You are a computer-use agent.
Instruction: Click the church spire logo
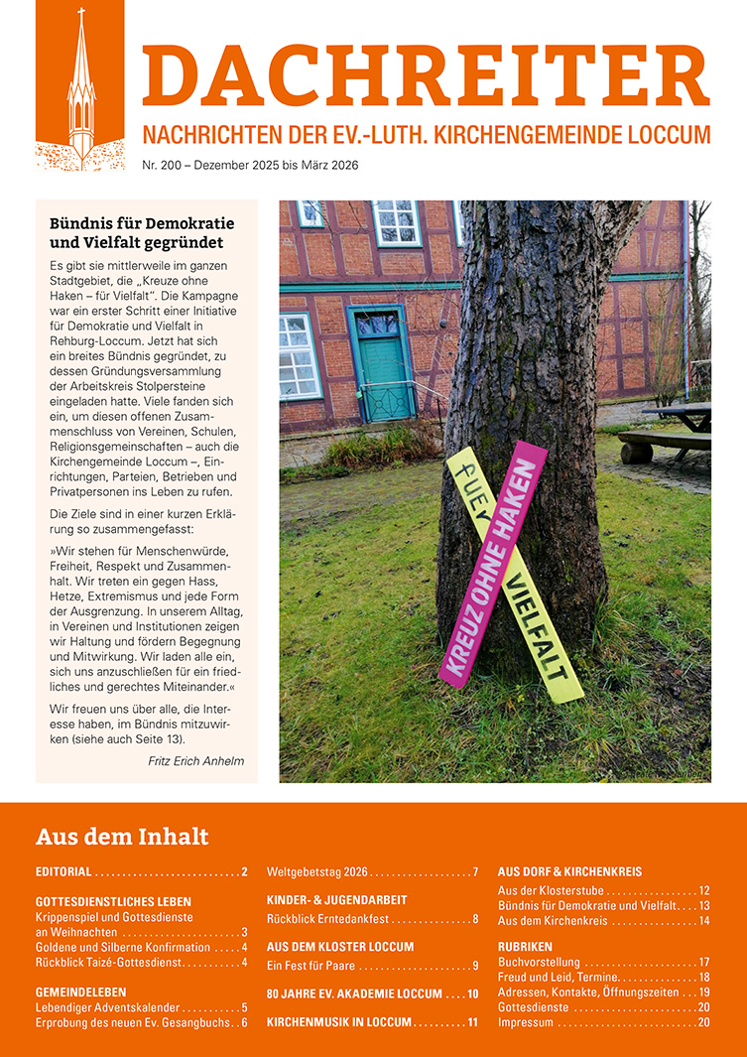coord(80,89)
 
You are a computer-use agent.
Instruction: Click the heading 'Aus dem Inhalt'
coord(122,836)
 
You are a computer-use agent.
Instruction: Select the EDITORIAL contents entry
coord(63,872)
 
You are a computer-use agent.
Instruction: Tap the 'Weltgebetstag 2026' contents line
coord(317,872)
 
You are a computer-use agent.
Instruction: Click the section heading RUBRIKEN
coord(525,947)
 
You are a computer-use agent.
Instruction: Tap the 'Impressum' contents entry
coord(526,1022)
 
